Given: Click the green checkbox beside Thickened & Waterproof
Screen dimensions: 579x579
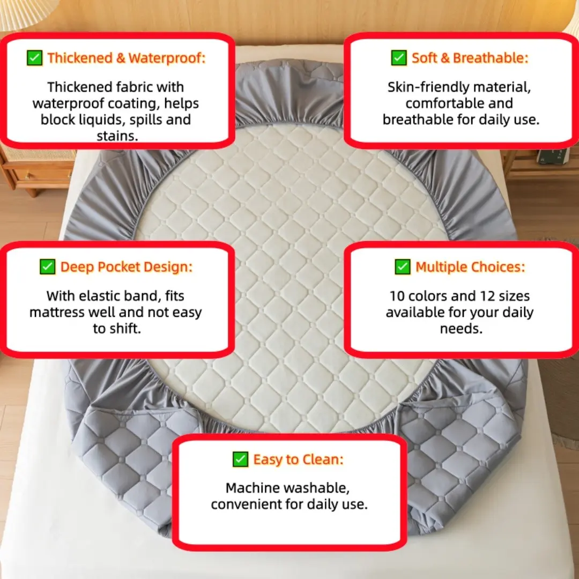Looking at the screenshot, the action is pyautogui.click(x=35, y=58).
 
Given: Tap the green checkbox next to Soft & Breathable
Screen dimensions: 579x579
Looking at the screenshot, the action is pyautogui.click(x=399, y=58).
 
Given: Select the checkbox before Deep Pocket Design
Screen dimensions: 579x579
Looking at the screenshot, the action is pyautogui.click(x=48, y=266).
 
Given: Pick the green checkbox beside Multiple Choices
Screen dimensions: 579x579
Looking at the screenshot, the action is pyautogui.click(x=403, y=266).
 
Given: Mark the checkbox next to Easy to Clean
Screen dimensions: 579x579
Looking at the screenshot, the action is pyautogui.click(x=240, y=459).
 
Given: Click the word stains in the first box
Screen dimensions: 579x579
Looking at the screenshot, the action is pyautogui.click(x=117, y=136).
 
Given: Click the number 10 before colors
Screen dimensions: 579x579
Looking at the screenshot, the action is pyautogui.click(x=397, y=296).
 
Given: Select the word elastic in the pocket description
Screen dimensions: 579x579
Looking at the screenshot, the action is pyautogui.click(x=100, y=296).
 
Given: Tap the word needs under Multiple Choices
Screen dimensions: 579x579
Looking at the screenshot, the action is pyautogui.click(x=461, y=329).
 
